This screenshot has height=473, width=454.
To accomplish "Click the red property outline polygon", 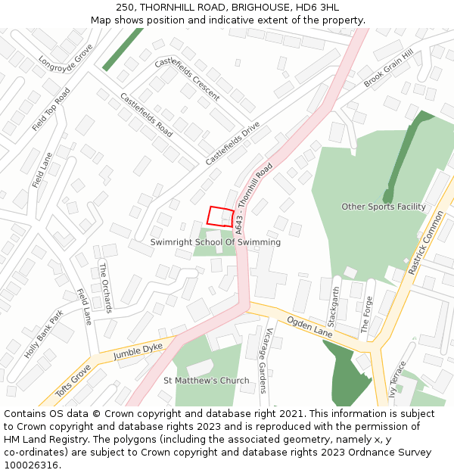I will coord(219,216).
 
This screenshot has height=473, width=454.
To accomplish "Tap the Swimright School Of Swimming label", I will coord(215,242).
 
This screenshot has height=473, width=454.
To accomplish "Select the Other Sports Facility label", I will coord(383,207).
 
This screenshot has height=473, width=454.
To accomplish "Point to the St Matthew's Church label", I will coord(206,381).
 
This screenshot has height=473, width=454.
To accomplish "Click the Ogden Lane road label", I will coord(309,327).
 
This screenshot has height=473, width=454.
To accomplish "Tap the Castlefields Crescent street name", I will coord(187,79).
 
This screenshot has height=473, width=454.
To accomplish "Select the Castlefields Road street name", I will coord(146,114).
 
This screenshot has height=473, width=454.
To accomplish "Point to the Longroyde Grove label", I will coord(66,58).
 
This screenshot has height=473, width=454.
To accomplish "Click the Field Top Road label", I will coord(51,110).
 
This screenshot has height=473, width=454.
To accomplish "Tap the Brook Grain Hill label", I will coord(388,70).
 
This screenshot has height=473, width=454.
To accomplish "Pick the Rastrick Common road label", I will coord(426,243).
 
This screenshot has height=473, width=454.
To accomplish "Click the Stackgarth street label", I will coord(335,303).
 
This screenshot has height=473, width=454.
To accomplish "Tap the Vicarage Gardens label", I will coord(264,360).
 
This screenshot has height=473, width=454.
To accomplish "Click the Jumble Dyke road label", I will coord(138,349).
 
